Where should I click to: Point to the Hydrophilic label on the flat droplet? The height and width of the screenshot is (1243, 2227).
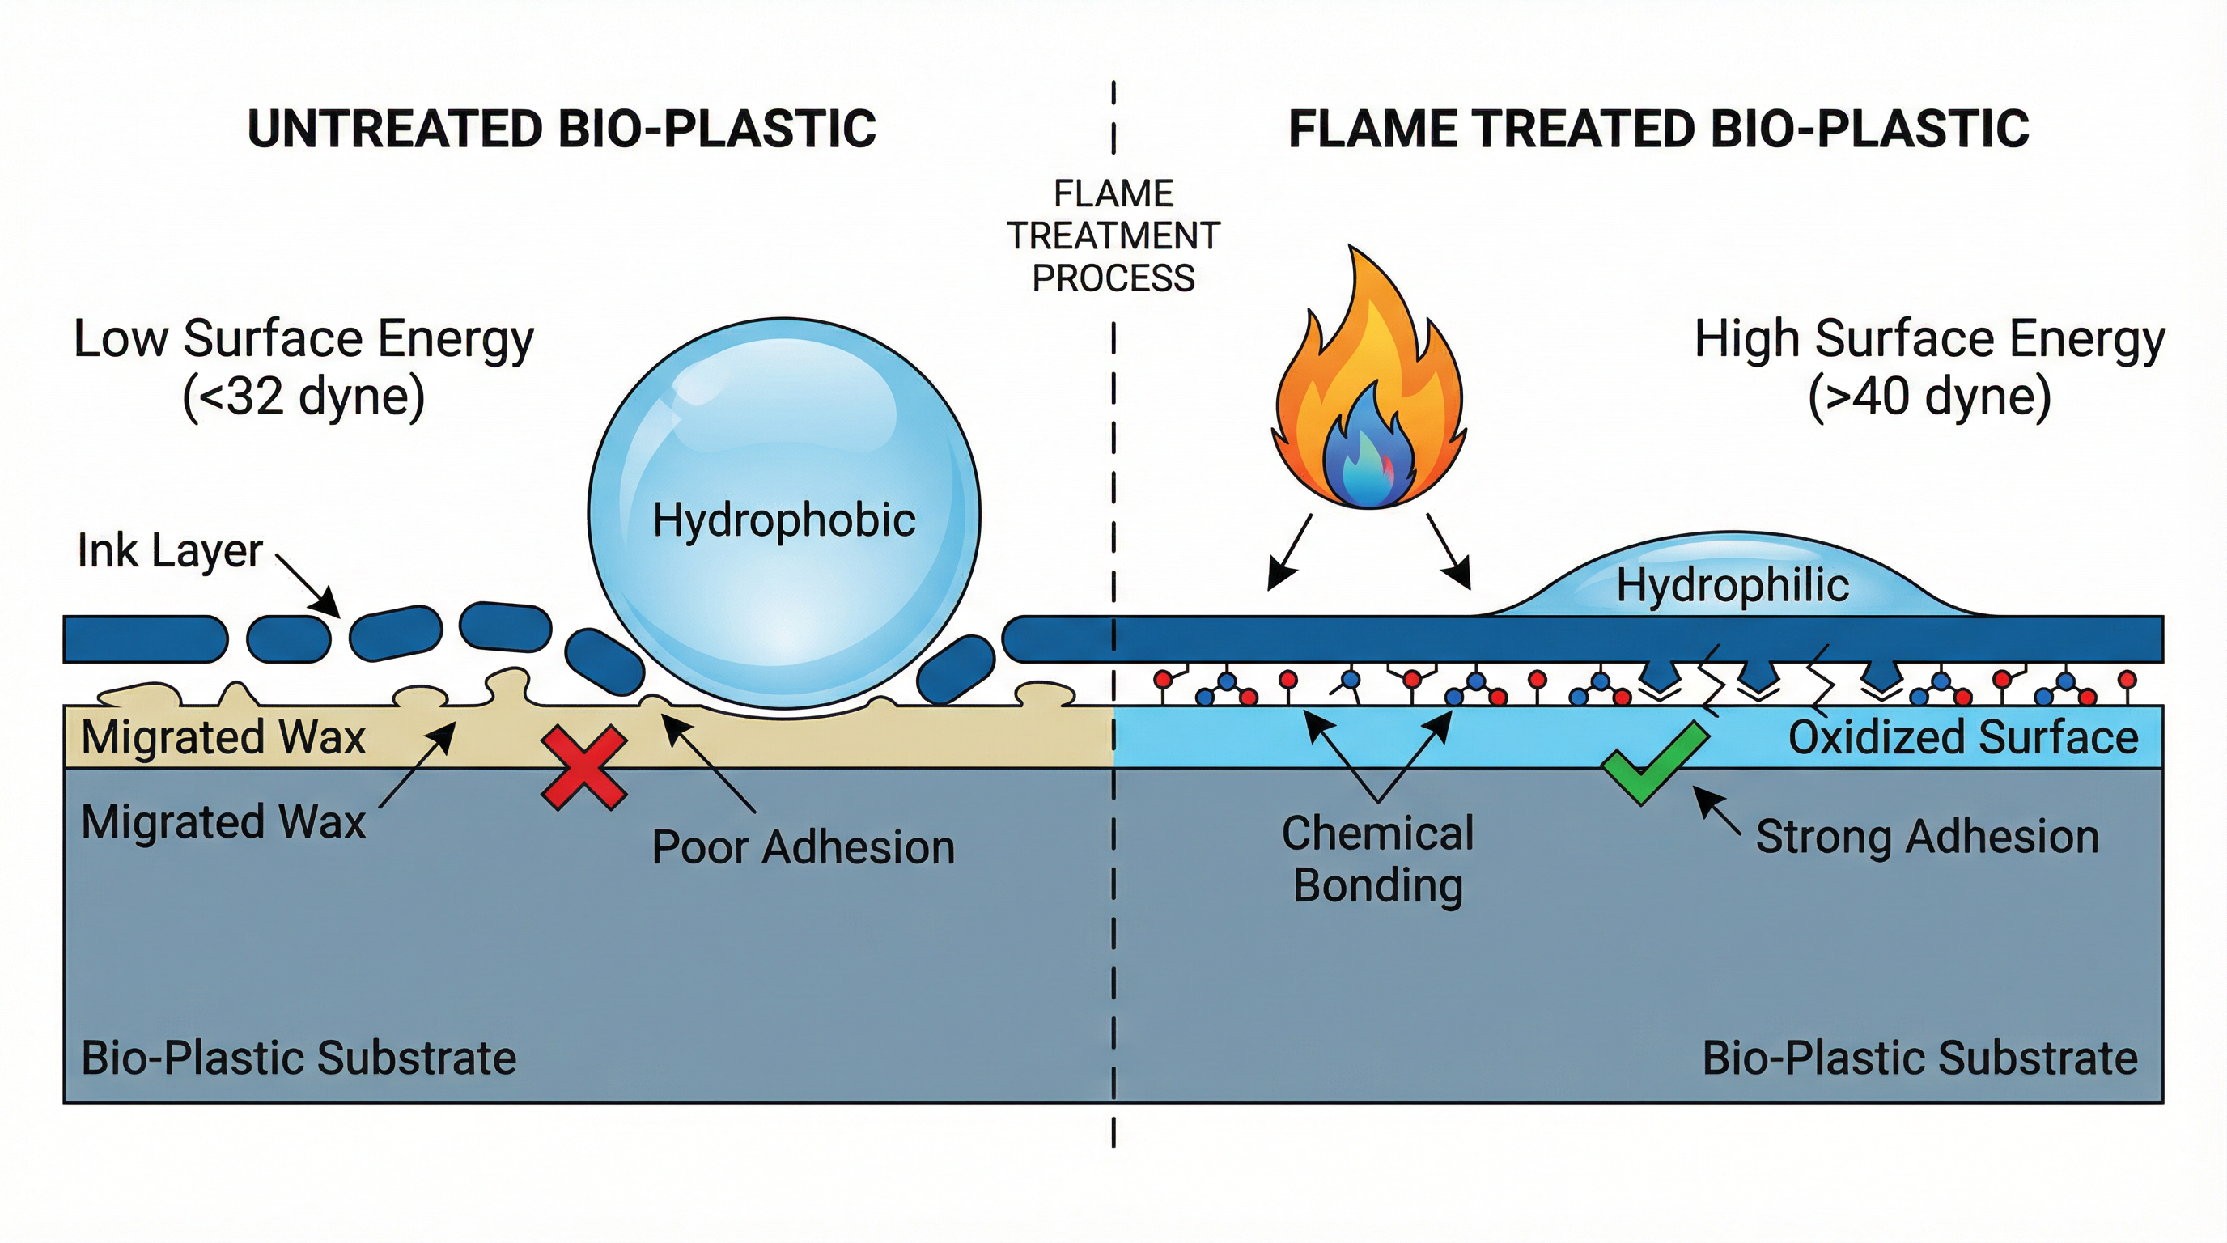[1733, 585]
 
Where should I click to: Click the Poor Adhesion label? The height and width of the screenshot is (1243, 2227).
[802, 847]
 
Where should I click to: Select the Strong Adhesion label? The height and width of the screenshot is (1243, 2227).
[1927, 837]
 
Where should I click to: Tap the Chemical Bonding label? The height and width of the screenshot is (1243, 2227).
[1378, 859]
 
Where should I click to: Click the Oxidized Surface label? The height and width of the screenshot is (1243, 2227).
[1962, 737]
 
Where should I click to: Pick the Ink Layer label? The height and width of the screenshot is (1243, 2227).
[169, 550]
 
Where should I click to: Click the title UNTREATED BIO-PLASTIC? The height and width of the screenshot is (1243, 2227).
[562, 129]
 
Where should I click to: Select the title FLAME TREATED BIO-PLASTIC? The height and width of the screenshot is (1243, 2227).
[1658, 129]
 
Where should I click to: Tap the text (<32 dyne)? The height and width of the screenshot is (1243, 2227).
[303, 397]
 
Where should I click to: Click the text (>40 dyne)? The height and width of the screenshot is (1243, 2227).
[1929, 397]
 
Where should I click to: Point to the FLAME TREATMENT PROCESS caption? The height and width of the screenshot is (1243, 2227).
[1113, 235]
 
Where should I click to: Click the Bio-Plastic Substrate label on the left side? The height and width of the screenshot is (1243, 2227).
[299, 1058]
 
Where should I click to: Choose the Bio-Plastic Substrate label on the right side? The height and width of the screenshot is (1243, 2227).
[1919, 1058]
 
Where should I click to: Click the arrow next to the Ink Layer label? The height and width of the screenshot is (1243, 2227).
[308, 587]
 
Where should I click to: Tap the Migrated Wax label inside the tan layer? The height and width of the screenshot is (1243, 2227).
[223, 737]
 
